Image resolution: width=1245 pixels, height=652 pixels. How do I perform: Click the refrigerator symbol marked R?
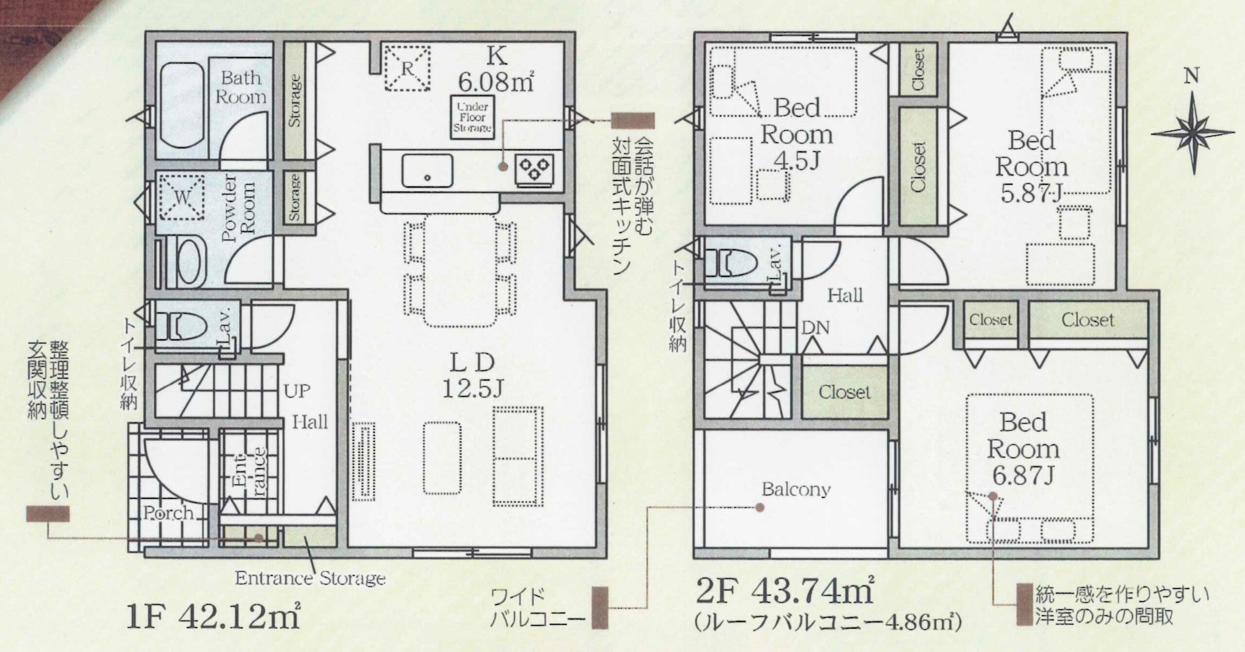pyautogui.click(x=407, y=69)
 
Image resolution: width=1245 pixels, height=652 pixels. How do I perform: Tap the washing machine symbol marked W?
pyautogui.click(x=181, y=197)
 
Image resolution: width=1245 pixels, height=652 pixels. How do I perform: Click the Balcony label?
pyautogui.click(x=796, y=489)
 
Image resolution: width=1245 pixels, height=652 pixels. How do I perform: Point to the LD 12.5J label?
pyautogui.click(x=472, y=375)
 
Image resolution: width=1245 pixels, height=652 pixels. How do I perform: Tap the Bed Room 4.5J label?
pyautogui.click(x=797, y=134)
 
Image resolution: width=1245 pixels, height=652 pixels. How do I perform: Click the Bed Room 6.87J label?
pyautogui.click(x=1023, y=448)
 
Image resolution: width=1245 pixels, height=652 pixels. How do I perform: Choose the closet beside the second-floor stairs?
pyautogui.click(x=844, y=391)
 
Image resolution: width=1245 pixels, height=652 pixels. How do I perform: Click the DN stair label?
pyautogui.click(x=816, y=328)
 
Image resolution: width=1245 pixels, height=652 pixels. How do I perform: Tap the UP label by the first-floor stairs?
pyautogui.click(x=297, y=391)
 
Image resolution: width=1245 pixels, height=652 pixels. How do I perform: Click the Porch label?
pyautogui.click(x=168, y=512)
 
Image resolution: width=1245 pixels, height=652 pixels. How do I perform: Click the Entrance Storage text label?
pyautogui.click(x=310, y=578)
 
